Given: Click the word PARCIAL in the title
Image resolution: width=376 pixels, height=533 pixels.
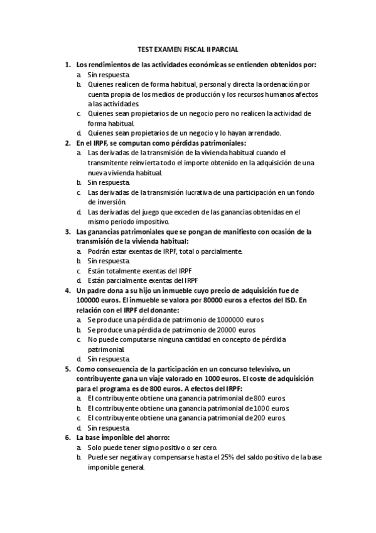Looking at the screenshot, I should coord(225,49).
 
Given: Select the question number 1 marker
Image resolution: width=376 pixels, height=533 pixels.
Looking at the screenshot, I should coord(67,64).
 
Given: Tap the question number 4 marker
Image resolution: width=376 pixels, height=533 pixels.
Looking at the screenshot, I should coord(67,290).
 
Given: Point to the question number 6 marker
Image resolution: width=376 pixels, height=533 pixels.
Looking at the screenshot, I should coord(67,437).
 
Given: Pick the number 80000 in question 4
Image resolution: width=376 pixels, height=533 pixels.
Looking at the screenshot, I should coord(196,300).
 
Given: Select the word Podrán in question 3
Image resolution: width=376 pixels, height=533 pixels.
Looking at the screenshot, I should coord(99,251).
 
